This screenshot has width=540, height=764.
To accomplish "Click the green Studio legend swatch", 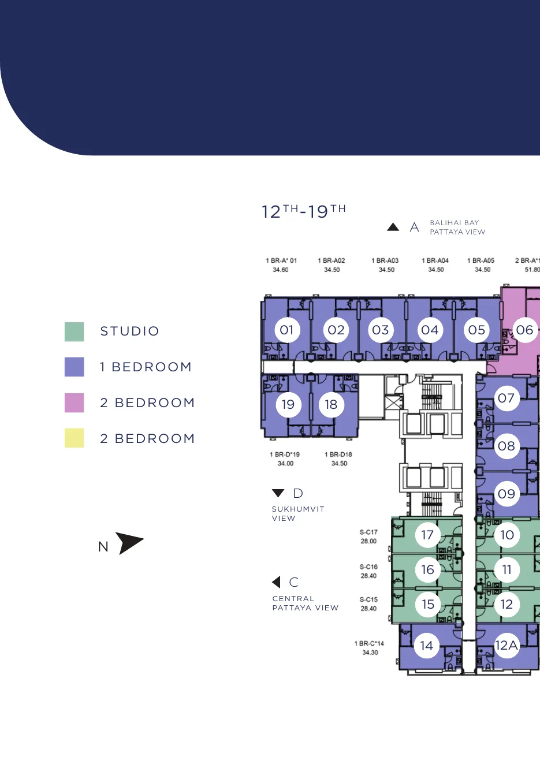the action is click(74, 331).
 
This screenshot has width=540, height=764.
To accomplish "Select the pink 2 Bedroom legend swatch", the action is click(74, 403).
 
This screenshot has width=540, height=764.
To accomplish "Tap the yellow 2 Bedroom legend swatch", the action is click(74, 438).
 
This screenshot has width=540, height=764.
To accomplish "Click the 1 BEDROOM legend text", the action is click(146, 367).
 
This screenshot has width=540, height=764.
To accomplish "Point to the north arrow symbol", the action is click(129, 543).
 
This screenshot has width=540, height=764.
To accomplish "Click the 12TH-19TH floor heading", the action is click(304, 211).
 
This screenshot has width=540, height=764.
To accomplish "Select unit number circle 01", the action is click(287, 330).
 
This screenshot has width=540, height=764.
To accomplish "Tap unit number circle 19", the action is click(288, 404).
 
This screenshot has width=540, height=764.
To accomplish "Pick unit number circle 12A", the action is click(507, 645).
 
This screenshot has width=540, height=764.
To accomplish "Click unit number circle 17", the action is click(428, 535).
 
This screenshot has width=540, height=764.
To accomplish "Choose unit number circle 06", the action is click(525, 330).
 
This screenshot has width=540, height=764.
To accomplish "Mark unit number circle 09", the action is click(507, 494).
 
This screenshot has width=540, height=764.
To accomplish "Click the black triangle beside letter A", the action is click(393, 227).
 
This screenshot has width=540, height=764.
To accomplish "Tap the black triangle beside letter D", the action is click(278, 493).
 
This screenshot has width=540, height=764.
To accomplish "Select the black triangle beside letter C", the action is click(276, 582).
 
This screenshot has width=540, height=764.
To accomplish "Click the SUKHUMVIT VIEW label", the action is click(298, 513).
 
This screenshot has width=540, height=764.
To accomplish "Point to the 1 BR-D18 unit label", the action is click(338, 459).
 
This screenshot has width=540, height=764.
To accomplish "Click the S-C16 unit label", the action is click(368, 571).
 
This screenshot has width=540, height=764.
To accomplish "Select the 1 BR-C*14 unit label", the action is click(370, 648).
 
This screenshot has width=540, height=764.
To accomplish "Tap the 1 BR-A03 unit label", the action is click(385, 265).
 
